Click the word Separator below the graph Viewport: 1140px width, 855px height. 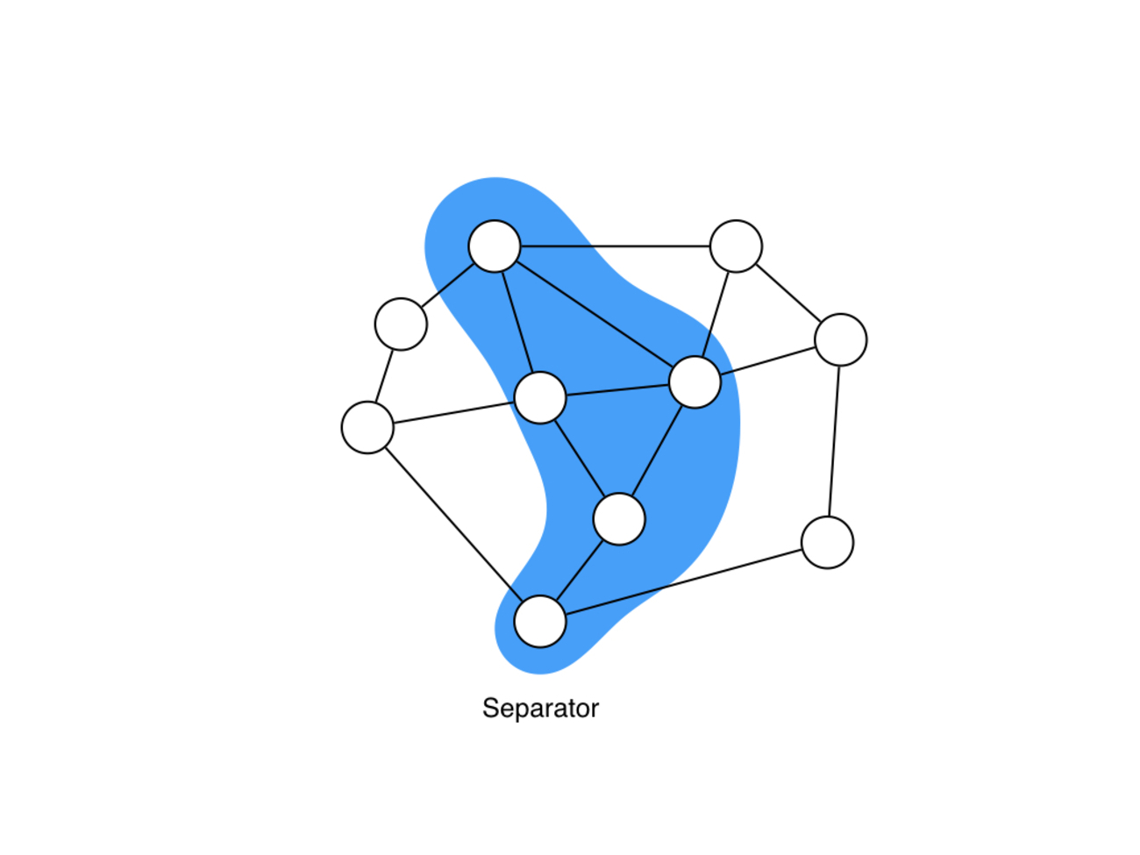click(x=540, y=709)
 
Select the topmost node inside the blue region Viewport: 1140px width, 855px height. click(x=494, y=246)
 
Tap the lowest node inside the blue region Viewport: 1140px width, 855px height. click(x=539, y=622)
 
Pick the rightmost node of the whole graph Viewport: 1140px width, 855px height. click(x=840, y=339)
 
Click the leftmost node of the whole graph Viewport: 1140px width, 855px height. click(x=367, y=427)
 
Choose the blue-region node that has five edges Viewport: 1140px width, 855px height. click(x=695, y=382)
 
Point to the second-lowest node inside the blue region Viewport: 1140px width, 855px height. click(x=618, y=519)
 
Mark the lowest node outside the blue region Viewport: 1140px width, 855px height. click(x=827, y=543)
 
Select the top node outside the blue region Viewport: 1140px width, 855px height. click(x=736, y=246)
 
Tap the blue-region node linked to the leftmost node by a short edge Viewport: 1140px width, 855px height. click(x=539, y=397)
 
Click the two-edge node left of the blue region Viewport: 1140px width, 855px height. click(x=401, y=324)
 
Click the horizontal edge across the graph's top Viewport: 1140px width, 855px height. click(x=615, y=246)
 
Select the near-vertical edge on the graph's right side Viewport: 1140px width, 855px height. click(x=834, y=441)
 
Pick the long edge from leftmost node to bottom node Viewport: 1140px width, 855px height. click(x=453, y=524)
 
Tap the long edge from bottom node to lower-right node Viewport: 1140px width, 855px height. click(x=683, y=582)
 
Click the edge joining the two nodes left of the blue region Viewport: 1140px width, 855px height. click(x=384, y=376)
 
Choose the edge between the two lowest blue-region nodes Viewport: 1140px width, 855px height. click(x=579, y=571)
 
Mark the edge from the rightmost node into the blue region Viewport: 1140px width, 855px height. click(x=767, y=360)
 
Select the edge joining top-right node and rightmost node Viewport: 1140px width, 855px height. click(x=787, y=293)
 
